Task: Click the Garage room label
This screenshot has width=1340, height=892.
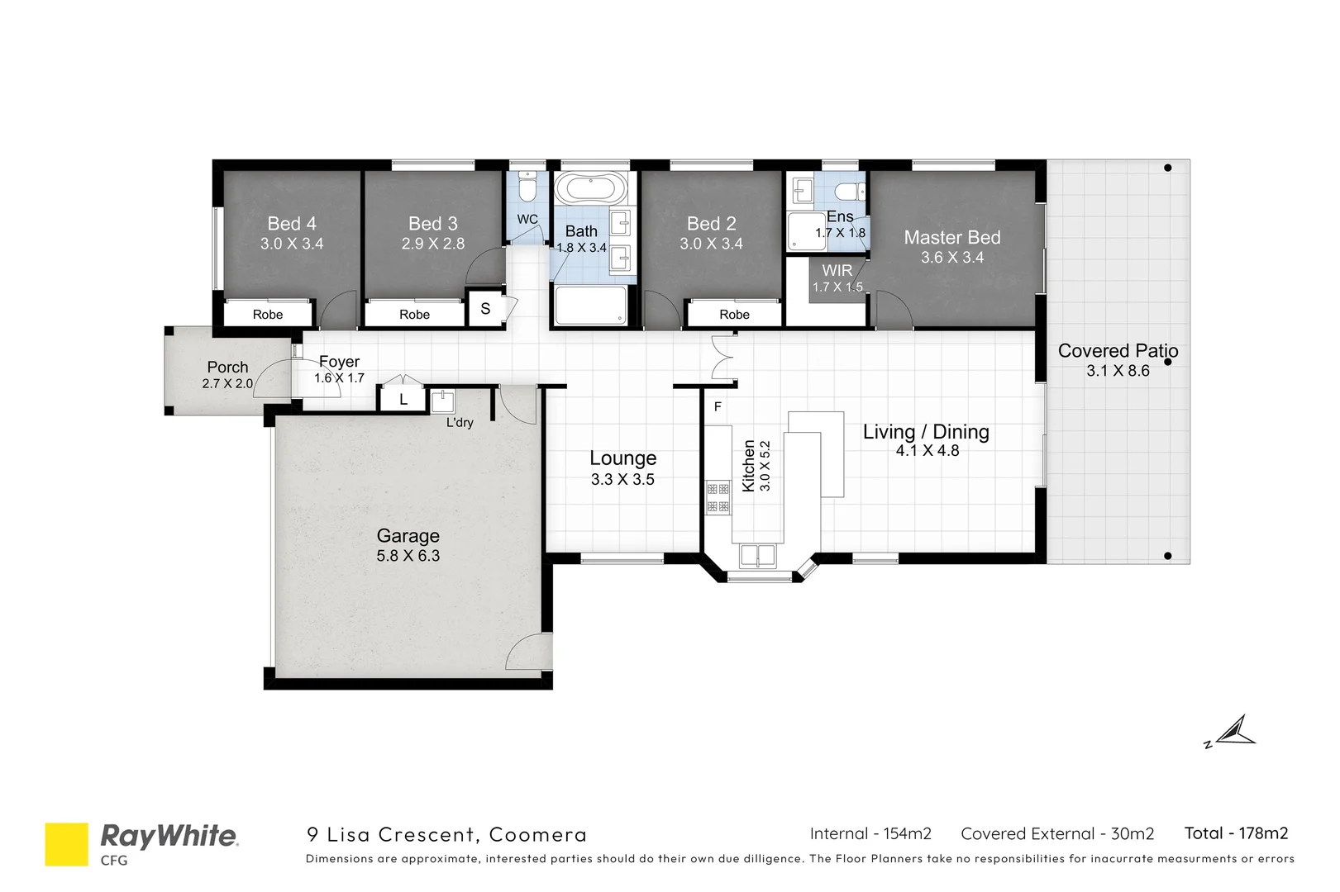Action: coord(408,536)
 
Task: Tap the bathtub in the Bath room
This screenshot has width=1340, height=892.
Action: coord(590,188)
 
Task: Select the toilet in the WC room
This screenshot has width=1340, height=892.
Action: coord(527,183)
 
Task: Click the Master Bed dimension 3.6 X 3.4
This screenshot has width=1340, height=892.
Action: coord(952,258)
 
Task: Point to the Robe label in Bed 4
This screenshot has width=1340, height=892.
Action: coord(268,315)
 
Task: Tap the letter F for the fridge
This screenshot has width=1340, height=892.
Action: coord(718,406)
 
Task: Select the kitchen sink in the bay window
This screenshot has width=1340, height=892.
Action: coord(757,555)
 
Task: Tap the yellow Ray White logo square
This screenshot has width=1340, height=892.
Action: coord(66,843)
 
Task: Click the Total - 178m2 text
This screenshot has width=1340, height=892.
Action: coord(1236,833)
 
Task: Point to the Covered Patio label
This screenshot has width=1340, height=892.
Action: coord(1118,351)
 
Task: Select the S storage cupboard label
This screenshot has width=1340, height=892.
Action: coord(485,309)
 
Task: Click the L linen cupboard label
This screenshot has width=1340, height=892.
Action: coord(403,400)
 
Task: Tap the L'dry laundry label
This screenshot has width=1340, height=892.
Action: coord(460,422)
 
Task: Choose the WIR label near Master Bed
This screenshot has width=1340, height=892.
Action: coord(837,270)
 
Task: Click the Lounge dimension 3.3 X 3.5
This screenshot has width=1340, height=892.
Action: coord(622,480)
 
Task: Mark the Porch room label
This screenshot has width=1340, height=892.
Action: coord(227,367)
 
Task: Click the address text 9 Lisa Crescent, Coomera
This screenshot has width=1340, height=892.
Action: coord(446,834)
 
